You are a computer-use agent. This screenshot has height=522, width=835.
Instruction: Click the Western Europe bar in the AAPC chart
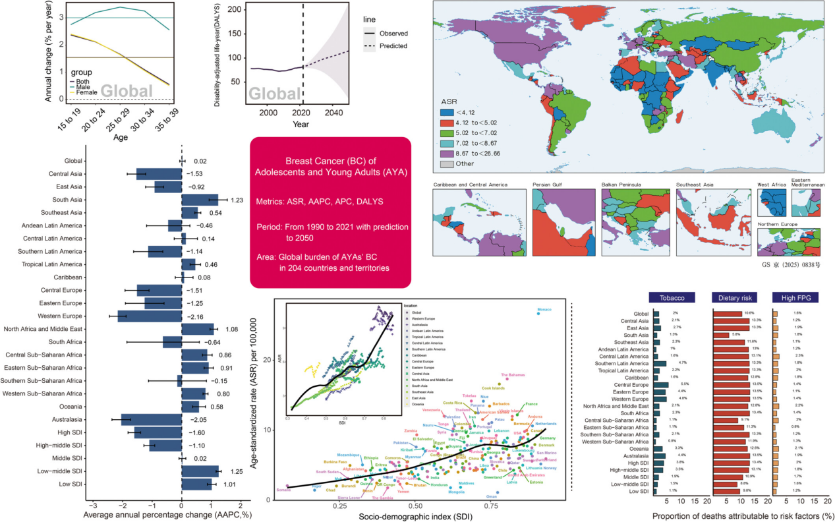pyautogui.click(x=150, y=317)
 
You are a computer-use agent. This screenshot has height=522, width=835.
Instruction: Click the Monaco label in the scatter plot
pyautogui.click(x=544, y=309)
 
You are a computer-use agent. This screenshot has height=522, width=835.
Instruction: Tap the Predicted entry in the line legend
pyautogui.click(x=393, y=46)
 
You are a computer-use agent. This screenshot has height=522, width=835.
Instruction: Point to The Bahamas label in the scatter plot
pyautogui.click(x=513, y=375)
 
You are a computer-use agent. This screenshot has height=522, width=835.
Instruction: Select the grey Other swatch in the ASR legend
pyautogui.click(x=451, y=163)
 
